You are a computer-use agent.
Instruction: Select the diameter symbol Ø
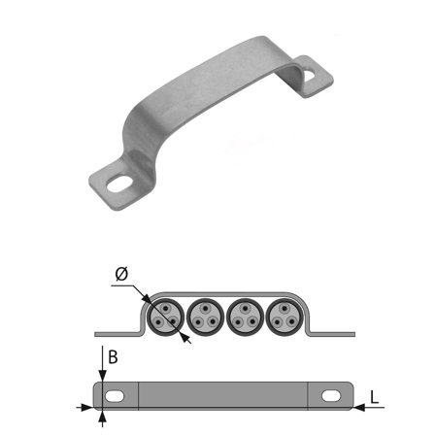click(x=120, y=275)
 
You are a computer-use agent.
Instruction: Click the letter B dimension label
click(x=113, y=357)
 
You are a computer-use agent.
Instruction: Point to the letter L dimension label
click(x=373, y=397)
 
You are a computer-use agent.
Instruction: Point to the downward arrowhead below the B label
click(x=102, y=378)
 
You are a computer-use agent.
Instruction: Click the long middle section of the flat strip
click(x=223, y=395)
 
